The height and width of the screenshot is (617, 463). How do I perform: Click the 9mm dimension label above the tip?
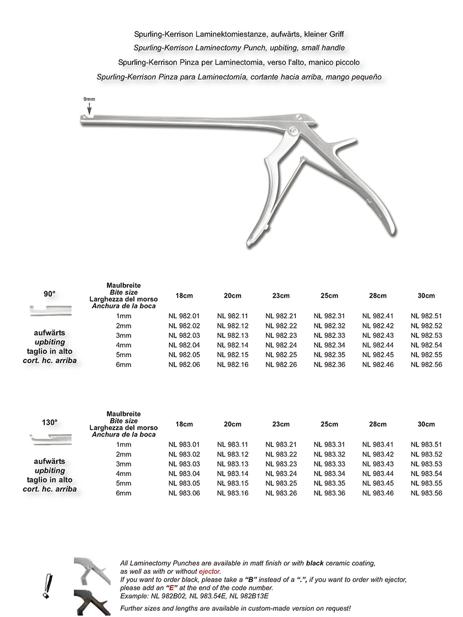click(89, 99)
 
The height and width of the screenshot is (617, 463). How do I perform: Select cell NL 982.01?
click(184, 316)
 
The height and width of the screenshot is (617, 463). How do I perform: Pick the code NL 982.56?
click(426, 364)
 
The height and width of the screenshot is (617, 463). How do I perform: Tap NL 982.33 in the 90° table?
click(329, 335)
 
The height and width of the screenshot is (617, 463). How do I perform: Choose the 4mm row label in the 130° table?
click(123, 474)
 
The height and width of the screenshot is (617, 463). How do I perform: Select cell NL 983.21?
click(281, 445)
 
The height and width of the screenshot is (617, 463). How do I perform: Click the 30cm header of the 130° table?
click(426, 424)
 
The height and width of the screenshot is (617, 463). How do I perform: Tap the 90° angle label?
click(50, 293)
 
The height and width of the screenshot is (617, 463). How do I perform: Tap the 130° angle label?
click(50, 421)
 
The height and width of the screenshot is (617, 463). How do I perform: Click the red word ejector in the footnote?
click(201, 571)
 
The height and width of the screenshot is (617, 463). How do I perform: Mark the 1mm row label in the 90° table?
click(123, 316)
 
